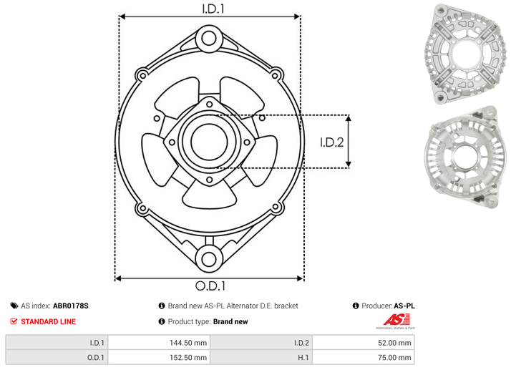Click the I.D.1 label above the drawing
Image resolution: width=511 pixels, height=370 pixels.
point(213,9)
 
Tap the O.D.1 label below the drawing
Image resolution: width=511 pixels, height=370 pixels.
point(210,286)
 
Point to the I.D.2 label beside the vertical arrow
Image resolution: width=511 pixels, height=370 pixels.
point(332,142)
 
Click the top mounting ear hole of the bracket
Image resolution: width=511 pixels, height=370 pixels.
point(209,39)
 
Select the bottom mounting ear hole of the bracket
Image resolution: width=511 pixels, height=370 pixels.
point(209,259)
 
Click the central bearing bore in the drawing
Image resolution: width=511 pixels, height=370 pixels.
point(209,142)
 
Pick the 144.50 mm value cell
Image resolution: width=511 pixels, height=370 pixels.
point(159,343)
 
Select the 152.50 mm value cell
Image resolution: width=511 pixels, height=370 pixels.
point(159,357)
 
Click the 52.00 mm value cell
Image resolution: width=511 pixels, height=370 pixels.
point(363,343)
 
